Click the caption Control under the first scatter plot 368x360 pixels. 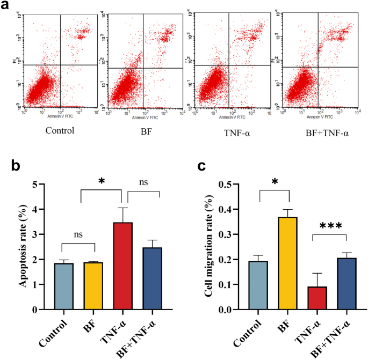coord(59,130)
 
